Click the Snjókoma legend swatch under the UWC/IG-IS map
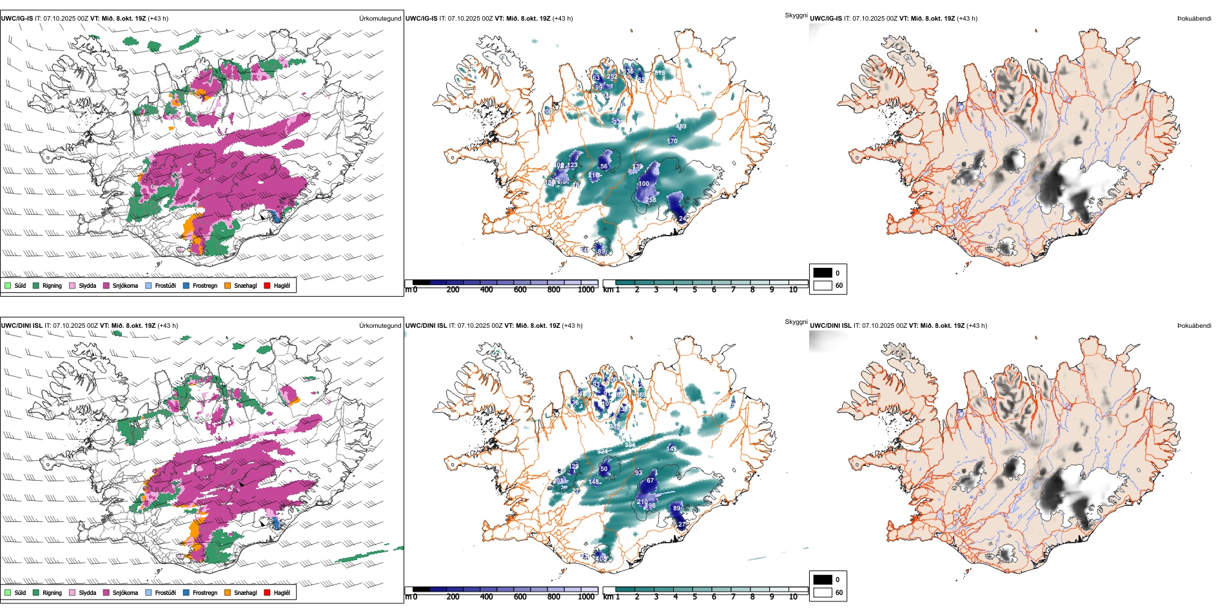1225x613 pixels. [106, 285]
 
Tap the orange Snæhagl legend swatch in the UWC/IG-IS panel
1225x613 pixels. [228, 285]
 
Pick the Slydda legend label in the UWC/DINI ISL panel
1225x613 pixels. [87, 592]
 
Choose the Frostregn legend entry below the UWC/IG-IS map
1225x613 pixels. [204, 285]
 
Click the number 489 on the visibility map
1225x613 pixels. [681, 126]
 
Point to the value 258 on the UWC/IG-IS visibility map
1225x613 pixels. [651, 199]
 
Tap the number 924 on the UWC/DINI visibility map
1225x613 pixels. [602, 451]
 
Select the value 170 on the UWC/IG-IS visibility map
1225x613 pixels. [672, 141]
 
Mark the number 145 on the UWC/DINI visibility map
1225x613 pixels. [672, 448]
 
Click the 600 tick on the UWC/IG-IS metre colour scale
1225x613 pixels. [520, 290]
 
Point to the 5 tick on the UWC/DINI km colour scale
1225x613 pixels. [694, 597]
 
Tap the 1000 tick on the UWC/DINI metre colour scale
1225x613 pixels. [586, 597]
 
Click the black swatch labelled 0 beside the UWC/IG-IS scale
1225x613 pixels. [823, 273]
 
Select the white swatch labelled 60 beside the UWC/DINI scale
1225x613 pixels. [823, 592]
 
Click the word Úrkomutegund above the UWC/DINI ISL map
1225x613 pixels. [380, 325]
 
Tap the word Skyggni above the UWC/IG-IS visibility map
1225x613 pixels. [796, 15]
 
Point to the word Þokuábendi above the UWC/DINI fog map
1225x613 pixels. [1194, 325]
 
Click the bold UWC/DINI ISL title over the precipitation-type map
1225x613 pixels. [21, 325]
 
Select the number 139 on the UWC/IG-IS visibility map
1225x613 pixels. [637, 166]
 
